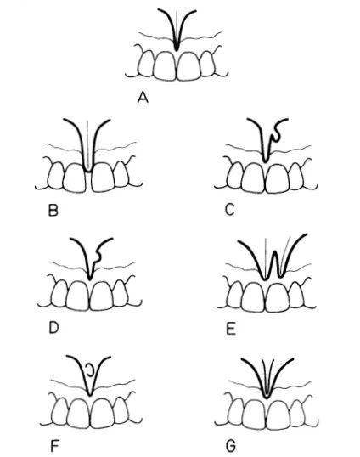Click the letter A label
(143, 98)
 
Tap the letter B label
(53, 211)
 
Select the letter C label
(230, 210)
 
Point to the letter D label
(53, 328)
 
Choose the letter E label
(231, 330)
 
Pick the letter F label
(54, 446)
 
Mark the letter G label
(231, 446)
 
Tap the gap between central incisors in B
(88, 182)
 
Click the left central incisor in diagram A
(165, 65)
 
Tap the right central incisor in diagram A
(189, 65)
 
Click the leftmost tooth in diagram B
(56, 174)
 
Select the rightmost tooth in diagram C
(296, 176)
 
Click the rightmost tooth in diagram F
(121, 410)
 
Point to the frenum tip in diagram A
(177, 49)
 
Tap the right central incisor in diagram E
(278, 297)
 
